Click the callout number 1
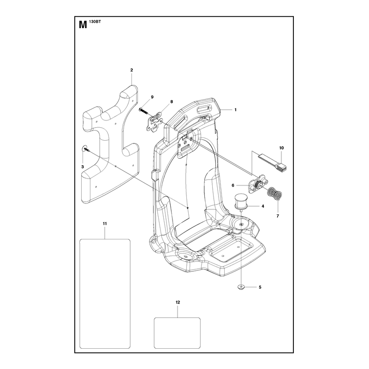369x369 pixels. pyautogui.click(x=235, y=110)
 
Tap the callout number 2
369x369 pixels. pyautogui.click(x=131, y=70)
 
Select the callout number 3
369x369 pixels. pyautogui.click(x=83, y=167)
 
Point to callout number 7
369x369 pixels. pyautogui.click(x=278, y=216)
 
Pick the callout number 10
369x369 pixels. pyautogui.click(x=281, y=148)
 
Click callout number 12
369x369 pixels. pyautogui.click(x=178, y=302)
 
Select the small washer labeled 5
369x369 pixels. pyautogui.click(x=241, y=286)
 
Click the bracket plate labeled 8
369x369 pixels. pyautogui.click(x=155, y=122)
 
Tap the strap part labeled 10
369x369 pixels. pyautogui.click(x=273, y=162)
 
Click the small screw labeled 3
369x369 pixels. pyautogui.click(x=86, y=149)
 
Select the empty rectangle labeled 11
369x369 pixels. pyautogui.click(x=105, y=293)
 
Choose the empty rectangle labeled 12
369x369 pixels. pyautogui.click(x=177, y=333)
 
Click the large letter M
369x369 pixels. pyautogui.click(x=83, y=25)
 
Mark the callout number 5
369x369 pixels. pyautogui.click(x=260, y=287)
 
